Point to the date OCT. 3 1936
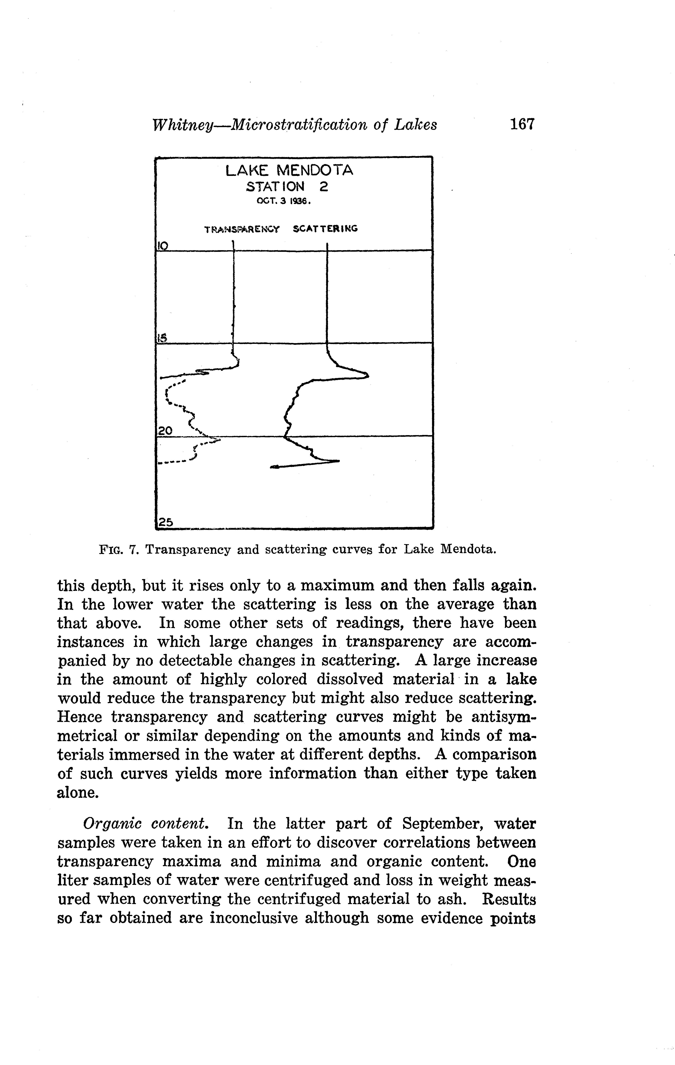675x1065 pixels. [284, 202]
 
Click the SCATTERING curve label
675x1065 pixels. [325, 229]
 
